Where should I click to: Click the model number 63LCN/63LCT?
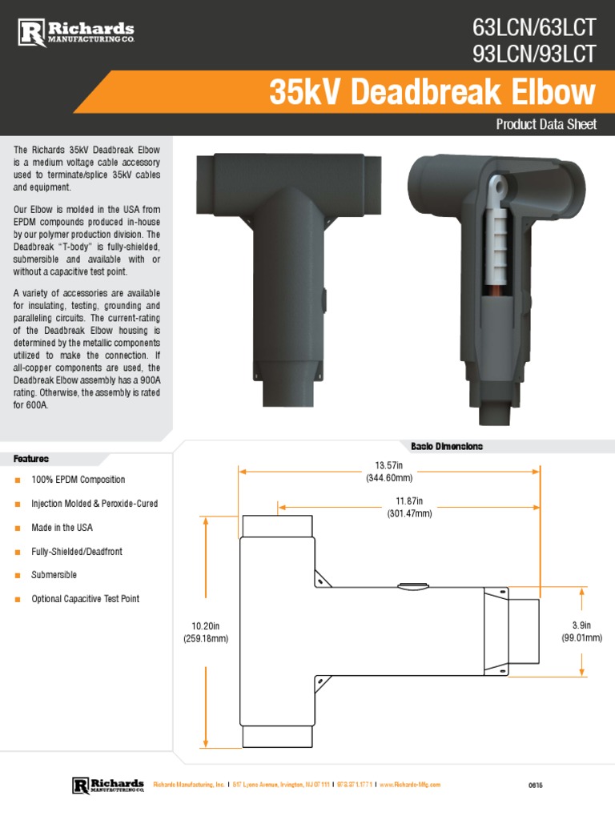pos(534,28)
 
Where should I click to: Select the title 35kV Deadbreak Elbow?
pos(432,93)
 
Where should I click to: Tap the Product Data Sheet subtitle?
pos(546,124)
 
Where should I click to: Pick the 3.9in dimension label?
pos(581,631)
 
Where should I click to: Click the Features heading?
pos(31,459)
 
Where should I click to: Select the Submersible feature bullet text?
pos(54,575)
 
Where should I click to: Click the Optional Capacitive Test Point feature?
pos(85,599)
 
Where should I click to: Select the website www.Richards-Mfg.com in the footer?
pos(408,786)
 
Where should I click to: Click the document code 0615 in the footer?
pos(535,786)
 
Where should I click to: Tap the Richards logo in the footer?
pos(108,785)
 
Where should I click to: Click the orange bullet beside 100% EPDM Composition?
pos(17,480)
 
